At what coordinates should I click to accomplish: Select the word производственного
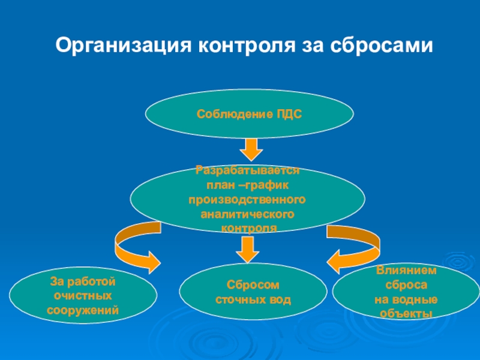(x=247, y=199)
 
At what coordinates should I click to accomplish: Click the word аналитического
(x=247, y=214)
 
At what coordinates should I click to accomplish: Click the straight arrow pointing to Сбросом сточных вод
(x=247, y=247)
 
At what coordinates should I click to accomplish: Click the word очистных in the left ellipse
(x=83, y=296)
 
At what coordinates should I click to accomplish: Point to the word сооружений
(x=83, y=310)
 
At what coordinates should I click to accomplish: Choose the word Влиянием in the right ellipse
(x=406, y=271)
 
